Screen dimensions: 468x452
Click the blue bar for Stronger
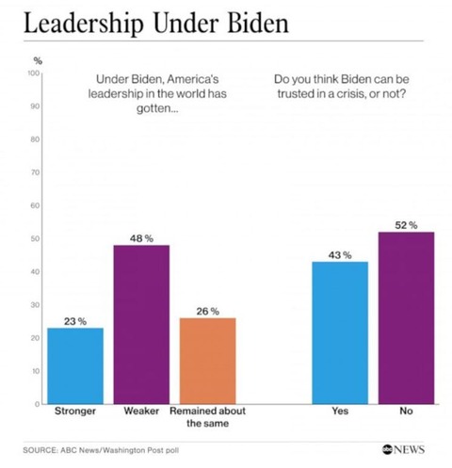75,365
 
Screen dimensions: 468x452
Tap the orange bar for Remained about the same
208,361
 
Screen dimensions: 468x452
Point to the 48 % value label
141,236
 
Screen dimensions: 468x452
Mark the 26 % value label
208,310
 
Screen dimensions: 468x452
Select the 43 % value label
340,254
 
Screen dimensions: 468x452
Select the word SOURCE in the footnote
44,450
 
